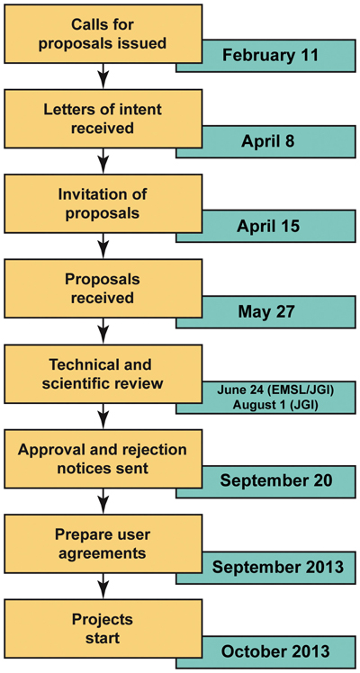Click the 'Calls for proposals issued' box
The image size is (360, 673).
[103, 33]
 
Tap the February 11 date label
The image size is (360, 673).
[270, 56]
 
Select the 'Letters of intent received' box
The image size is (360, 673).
[103, 119]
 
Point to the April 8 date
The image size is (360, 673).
[267, 140]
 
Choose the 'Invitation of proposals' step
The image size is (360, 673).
[103, 203]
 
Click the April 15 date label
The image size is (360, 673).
[267, 226]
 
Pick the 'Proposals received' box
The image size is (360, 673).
[103, 289]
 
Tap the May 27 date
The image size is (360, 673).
[267, 311]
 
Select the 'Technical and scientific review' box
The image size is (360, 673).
[103, 373]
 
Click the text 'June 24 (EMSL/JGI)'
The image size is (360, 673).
[268, 390]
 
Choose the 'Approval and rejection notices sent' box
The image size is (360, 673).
[103, 458]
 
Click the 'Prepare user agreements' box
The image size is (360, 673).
[103, 543]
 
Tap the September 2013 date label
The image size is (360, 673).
[277, 567]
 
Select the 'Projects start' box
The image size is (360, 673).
[103, 628]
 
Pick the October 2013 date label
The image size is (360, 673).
[276, 651]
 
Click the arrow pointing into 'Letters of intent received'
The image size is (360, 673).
[103, 76]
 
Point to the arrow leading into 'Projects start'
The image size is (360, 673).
[103, 586]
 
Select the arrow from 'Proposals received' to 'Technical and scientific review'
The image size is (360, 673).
[103, 331]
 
